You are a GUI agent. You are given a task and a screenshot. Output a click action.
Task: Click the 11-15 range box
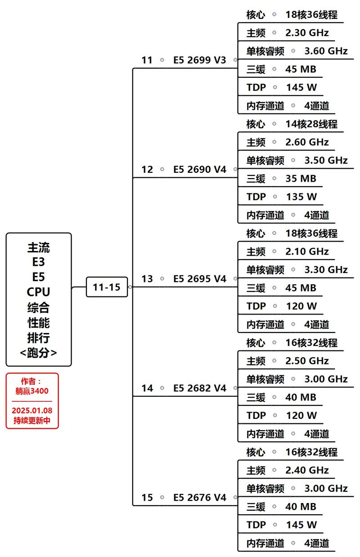point(107,287)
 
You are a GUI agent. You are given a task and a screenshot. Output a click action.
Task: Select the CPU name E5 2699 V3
point(200,60)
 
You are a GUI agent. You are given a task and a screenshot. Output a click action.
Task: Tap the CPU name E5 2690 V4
point(200,169)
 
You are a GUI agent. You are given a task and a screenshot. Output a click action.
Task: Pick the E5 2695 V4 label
point(200,278)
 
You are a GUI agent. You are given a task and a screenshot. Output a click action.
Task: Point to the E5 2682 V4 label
point(200,388)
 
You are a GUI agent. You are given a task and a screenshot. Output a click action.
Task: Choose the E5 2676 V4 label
point(200,497)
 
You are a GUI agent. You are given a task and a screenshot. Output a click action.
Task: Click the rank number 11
point(147,60)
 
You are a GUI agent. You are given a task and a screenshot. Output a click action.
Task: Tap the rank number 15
point(147,497)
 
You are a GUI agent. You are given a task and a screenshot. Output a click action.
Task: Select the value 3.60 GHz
point(326,51)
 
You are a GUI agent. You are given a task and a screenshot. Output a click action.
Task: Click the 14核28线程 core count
point(311,124)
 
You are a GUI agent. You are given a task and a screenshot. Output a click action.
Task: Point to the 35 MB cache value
point(301,178)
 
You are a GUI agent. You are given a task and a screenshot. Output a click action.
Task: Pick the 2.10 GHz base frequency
point(307,251)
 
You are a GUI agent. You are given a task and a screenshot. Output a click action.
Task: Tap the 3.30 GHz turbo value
point(326,270)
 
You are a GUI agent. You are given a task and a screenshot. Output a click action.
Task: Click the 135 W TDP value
point(301,197)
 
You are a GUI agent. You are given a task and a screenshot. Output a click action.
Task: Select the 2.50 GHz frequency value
point(307,360)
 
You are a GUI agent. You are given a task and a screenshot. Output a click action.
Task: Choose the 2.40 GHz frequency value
point(307,470)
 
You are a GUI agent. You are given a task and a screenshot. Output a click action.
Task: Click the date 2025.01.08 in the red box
point(32,410)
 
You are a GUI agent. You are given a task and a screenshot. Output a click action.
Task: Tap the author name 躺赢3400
point(32,391)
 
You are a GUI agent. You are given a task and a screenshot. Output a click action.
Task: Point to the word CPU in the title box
point(38,292)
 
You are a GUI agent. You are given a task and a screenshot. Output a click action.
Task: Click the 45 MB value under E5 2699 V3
point(301,69)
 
